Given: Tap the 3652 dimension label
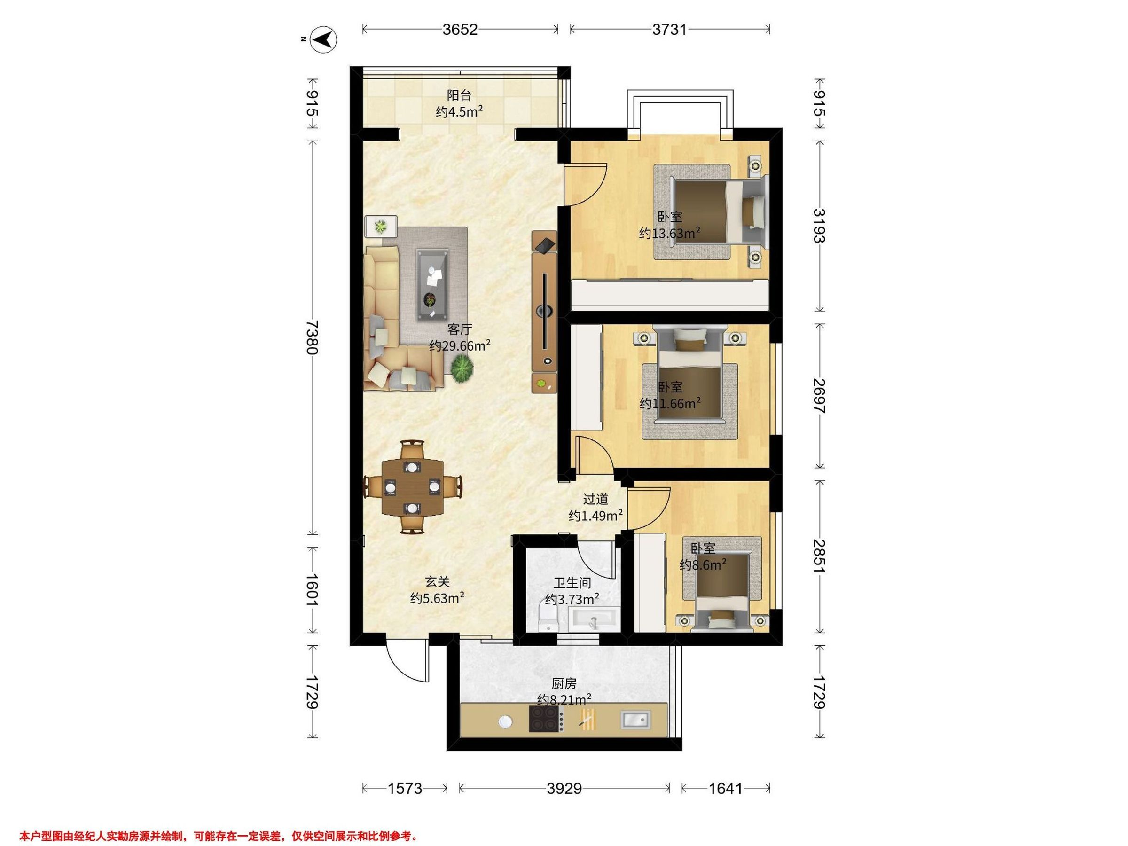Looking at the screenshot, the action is [x=460, y=30].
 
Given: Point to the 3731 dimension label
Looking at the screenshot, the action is [x=670, y=30].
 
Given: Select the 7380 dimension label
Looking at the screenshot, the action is [x=312, y=337].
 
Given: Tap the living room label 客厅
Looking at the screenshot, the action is [x=460, y=329].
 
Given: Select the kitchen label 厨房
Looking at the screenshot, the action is [x=564, y=683].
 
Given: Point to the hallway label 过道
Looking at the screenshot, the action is [x=595, y=499].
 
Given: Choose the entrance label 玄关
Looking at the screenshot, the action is [x=437, y=581].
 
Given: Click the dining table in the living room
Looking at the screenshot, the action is [x=413, y=487].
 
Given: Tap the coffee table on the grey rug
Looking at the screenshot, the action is [x=433, y=285].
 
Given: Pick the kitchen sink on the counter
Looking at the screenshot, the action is [x=635, y=719].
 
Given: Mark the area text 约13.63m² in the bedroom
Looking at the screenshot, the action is [x=670, y=233].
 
